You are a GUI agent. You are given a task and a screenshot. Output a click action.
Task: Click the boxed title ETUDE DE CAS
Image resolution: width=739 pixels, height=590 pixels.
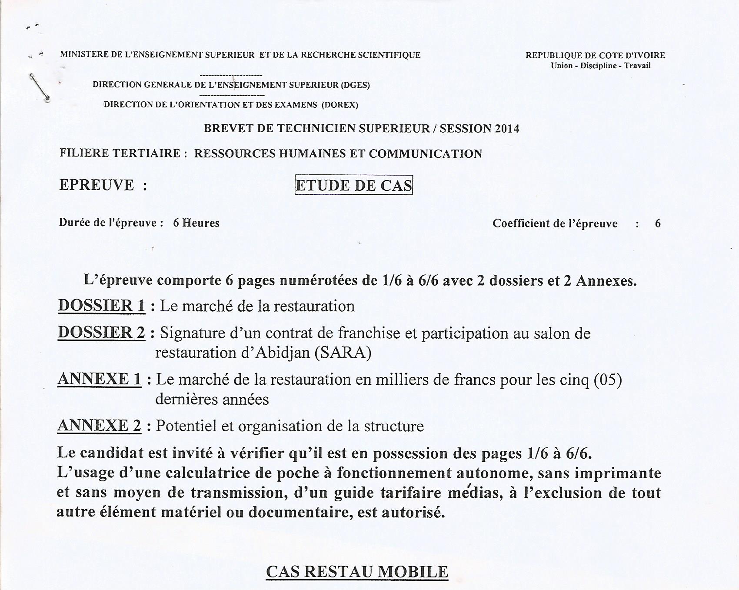(x=353, y=185)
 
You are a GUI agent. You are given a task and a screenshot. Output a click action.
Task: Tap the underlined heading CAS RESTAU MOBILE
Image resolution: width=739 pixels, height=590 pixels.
(x=357, y=572)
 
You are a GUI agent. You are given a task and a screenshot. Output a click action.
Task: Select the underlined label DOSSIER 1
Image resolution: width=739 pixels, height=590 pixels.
(x=101, y=306)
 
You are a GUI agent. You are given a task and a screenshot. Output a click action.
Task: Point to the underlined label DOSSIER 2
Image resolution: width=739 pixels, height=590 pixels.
(x=101, y=333)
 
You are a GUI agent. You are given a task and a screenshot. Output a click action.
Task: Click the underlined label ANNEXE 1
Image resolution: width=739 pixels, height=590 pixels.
(x=100, y=379)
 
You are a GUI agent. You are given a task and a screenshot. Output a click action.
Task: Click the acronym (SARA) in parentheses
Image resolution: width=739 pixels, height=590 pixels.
(x=343, y=352)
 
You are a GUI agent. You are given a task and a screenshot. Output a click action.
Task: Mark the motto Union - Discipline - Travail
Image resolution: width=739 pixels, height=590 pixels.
(x=601, y=66)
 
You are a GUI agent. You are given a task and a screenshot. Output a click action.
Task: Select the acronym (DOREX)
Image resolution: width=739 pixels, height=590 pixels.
(x=340, y=105)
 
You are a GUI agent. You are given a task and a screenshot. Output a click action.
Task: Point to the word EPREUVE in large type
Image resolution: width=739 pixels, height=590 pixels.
(x=97, y=185)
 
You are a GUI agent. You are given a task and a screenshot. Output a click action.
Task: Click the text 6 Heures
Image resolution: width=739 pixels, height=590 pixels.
(x=196, y=223)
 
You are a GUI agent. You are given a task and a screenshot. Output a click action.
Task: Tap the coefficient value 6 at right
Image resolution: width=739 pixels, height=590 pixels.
(x=658, y=223)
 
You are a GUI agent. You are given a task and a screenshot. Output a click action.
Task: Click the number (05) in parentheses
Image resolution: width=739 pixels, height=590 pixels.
(x=608, y=380)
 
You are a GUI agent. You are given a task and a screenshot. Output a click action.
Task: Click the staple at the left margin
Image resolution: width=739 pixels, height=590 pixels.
(x=39, y=87)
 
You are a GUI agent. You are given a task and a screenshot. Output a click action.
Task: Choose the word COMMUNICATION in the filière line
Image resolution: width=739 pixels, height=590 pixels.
(x=426, y=153)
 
